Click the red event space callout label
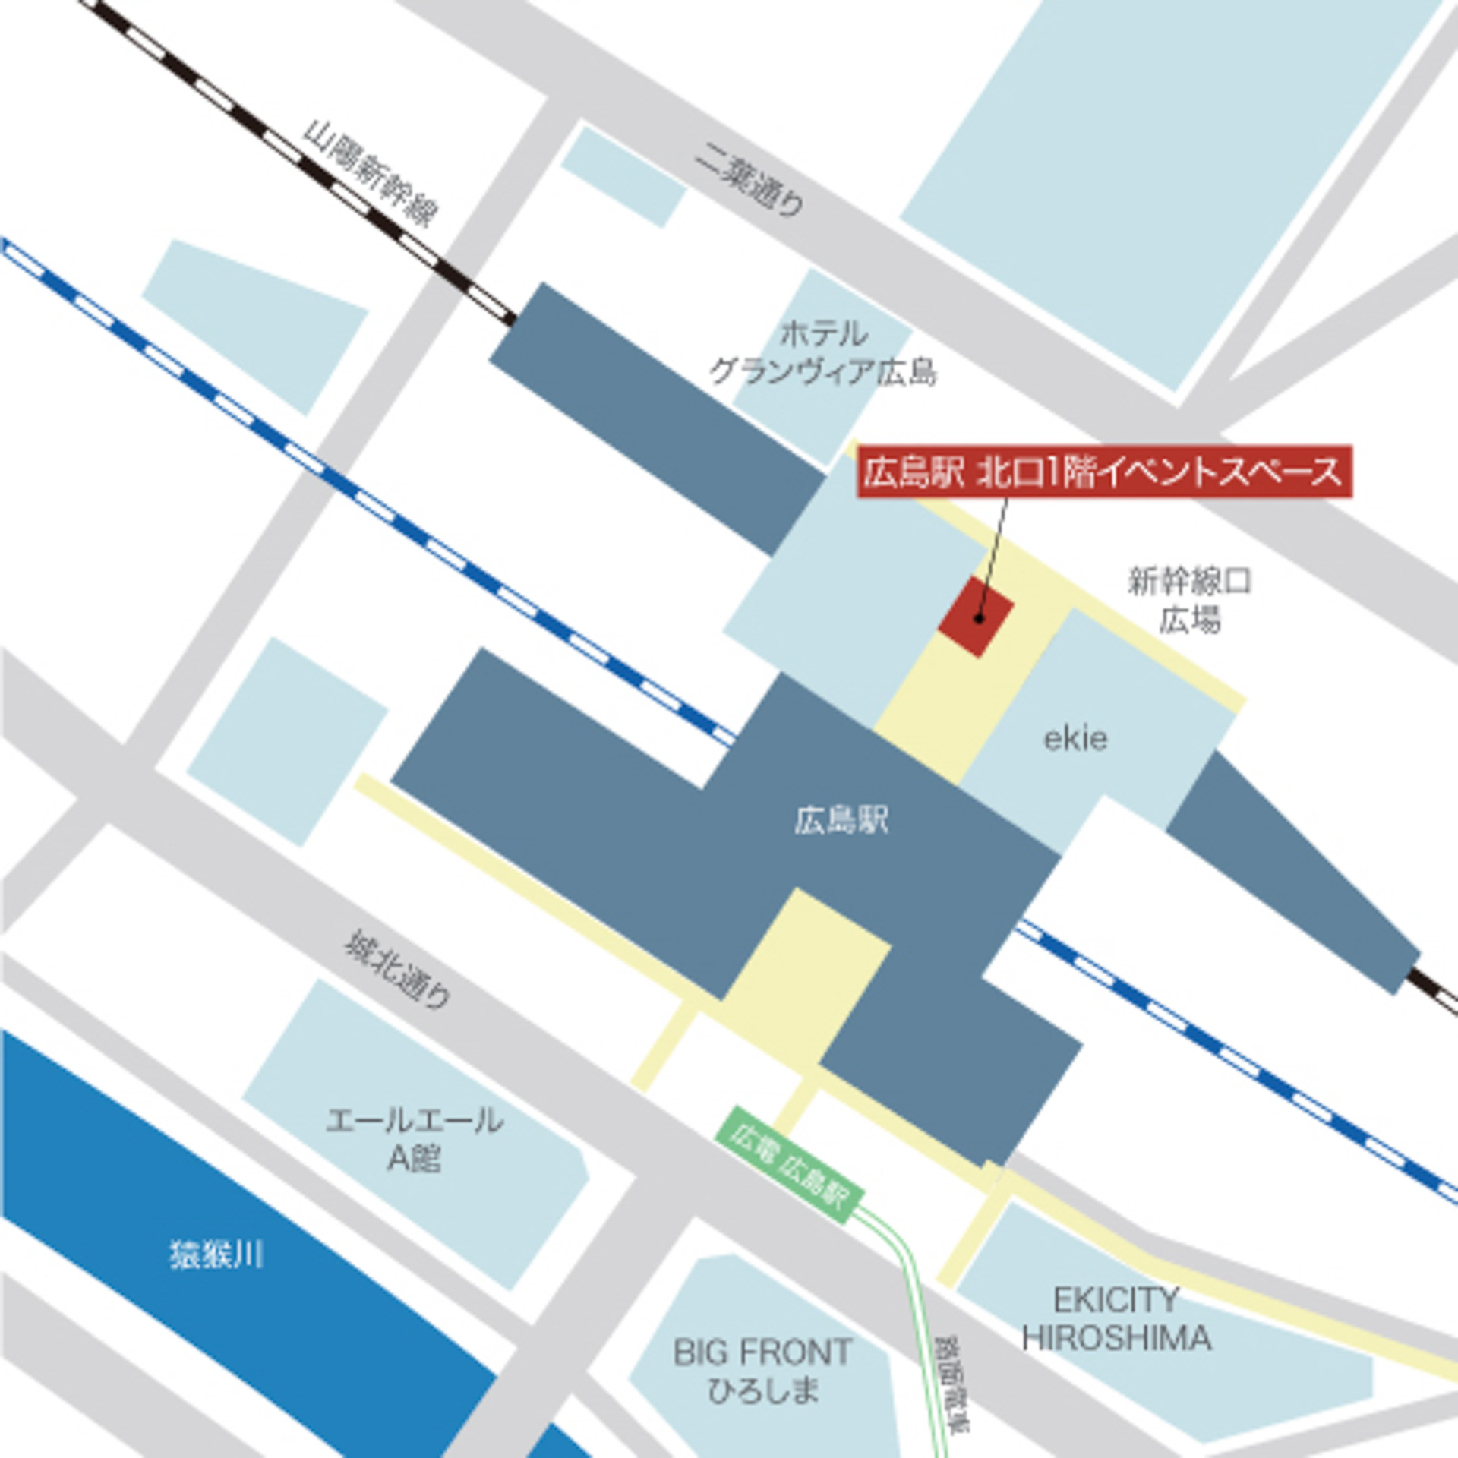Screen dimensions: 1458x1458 click(x=1104, y=472)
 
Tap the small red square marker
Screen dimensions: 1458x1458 click(x=976, y=616)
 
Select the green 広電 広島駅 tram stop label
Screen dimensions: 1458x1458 click(x=789, y=1160)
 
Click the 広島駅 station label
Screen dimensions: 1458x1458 click(x=841, y=821)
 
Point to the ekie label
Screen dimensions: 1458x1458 click(x=1075, y=738)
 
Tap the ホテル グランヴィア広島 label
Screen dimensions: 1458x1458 click(x=822, y=353)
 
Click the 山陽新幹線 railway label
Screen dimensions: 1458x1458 click(x=370, y=174)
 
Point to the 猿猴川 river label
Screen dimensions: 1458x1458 click(x=216, y=1254)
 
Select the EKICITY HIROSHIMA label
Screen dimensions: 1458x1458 click(x=1116, y=1320)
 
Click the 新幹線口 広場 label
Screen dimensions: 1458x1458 click(x=1189, y=601)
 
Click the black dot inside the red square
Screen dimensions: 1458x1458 click(x=979, y=619)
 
